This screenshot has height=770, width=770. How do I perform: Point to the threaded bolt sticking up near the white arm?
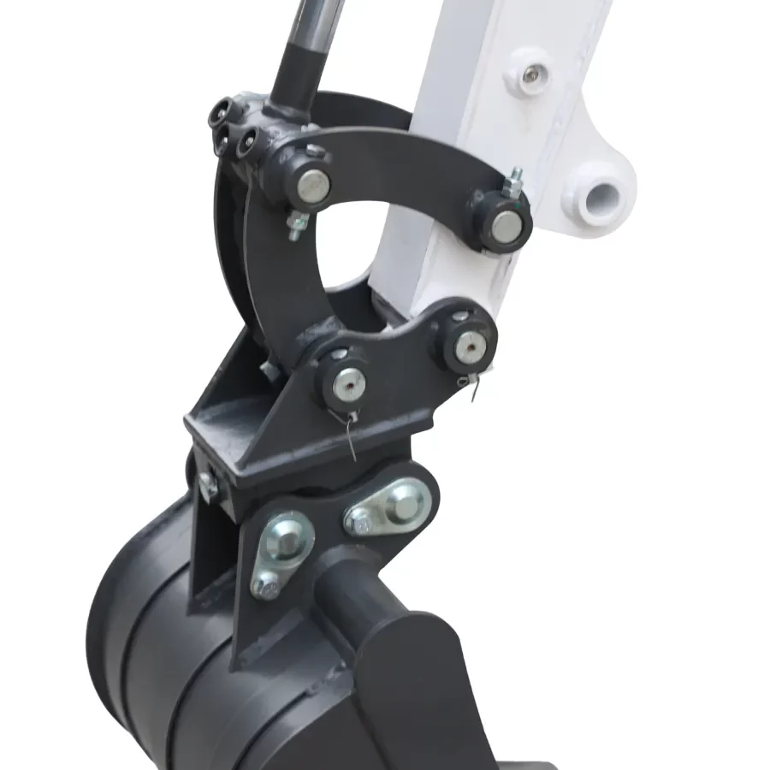pos(516,182)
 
